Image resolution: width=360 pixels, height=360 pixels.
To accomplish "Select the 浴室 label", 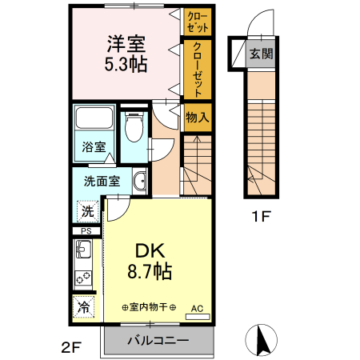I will (94, 147).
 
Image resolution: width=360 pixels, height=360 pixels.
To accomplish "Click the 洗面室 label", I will (101, 181).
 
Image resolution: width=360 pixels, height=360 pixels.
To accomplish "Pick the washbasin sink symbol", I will (139, 181).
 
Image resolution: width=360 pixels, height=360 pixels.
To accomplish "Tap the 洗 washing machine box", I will (86, 212).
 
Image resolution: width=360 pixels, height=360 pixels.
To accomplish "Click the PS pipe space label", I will (86, 233).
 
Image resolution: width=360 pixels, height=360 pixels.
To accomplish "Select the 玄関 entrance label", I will (261, 54).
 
